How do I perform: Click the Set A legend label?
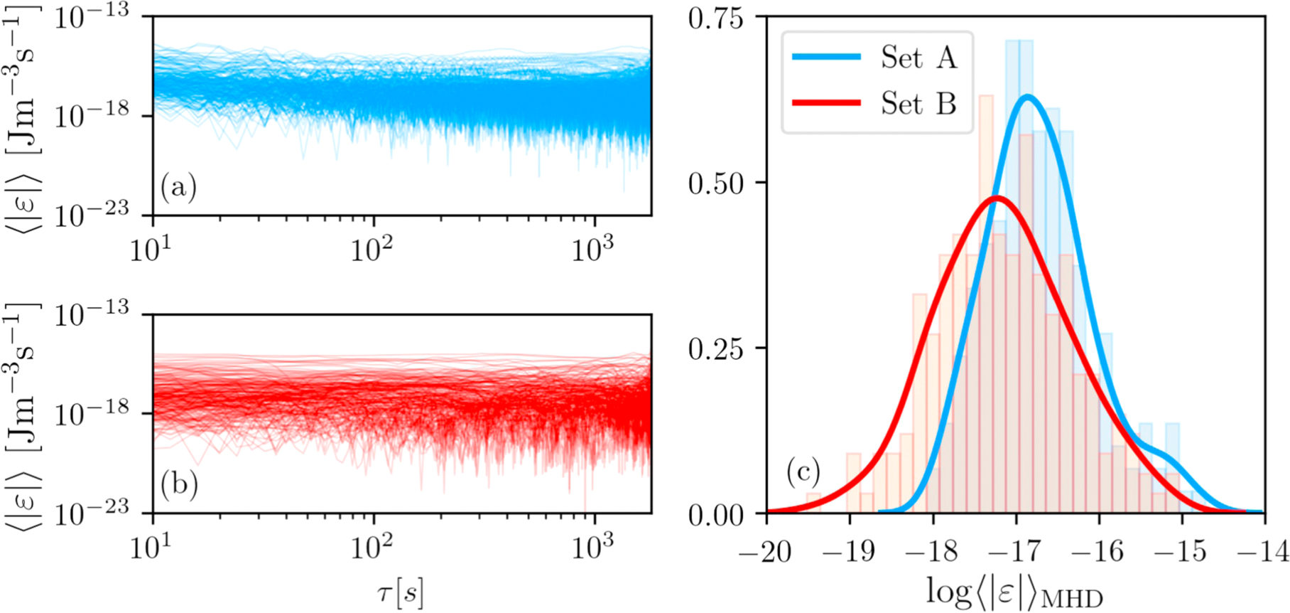click(x=918, y=57)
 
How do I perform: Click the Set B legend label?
click(x=918, y=104)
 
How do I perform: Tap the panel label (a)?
click(x=178, y=187)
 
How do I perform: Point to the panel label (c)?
click(x=803, y=471)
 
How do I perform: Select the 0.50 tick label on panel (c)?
click(x=715, y=183)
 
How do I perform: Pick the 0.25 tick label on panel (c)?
click(x=715, y=348)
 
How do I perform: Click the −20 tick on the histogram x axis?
click(x=766, y=551)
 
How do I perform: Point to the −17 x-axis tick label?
click(x=1016, y=551)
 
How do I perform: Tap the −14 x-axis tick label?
click(x=1263, y=551)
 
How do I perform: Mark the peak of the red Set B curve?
click(x=997, y=197)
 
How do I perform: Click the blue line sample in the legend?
click(x=826, y=57)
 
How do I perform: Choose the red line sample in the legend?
click(x=826, y=103)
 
